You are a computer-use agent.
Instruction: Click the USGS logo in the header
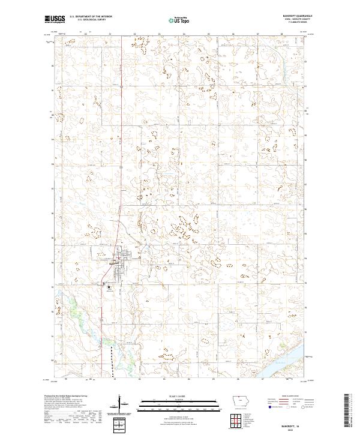55,19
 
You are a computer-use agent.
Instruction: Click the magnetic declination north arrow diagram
120,406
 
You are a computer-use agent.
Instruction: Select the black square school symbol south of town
109,287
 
